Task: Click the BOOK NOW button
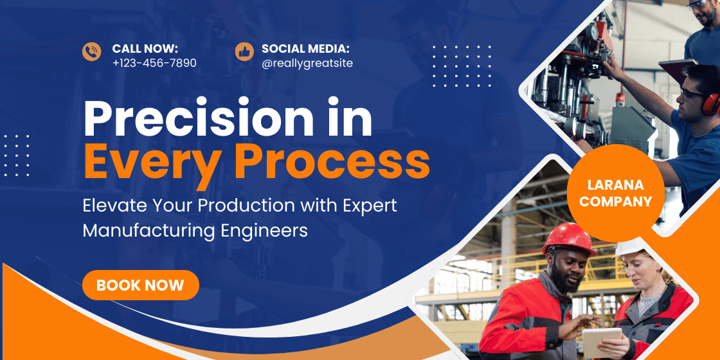141,285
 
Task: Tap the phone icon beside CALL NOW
92,51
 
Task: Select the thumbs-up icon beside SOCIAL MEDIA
244,51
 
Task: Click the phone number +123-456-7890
154,63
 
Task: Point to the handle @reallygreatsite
307,64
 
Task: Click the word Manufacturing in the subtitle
148,231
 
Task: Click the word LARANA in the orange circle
616,185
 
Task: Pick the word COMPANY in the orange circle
616,201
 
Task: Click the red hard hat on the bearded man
569,239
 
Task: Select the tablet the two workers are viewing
601,342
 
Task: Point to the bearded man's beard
560,277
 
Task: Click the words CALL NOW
145,49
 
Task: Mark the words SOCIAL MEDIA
306,49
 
